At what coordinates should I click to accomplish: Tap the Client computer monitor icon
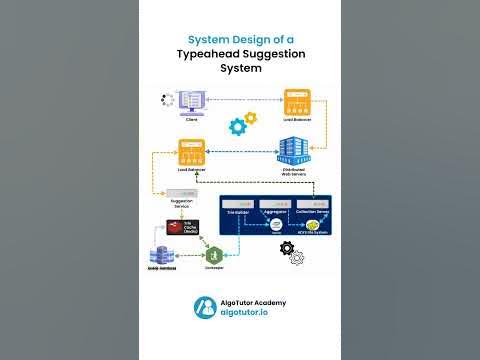tap(191, 101)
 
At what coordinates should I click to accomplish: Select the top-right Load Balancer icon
tap(296, 102)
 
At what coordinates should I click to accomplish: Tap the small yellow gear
tap(249, 118)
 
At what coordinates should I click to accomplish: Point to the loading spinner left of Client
tap(164, 100)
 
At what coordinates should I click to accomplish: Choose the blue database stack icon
tap(162, 255)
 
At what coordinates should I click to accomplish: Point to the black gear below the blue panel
tap(286, 246)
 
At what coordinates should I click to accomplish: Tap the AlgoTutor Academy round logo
tap(204, 307)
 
